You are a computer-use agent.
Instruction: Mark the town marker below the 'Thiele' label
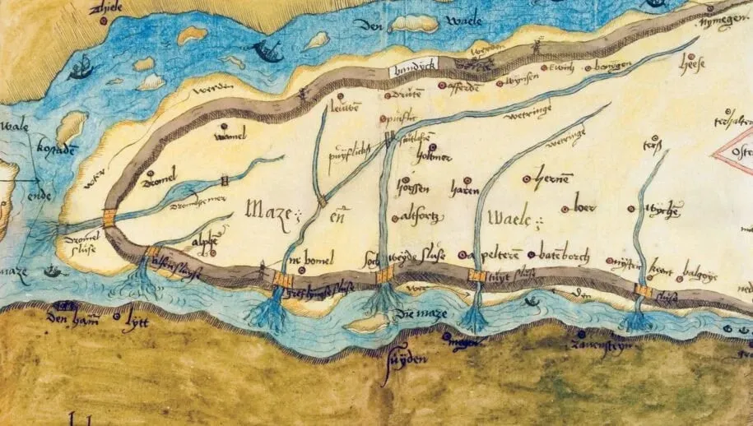(x=102, y=21)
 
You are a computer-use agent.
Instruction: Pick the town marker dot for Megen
(x=446, y=336)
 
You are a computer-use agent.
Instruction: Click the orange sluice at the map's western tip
(x=109, y=219)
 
